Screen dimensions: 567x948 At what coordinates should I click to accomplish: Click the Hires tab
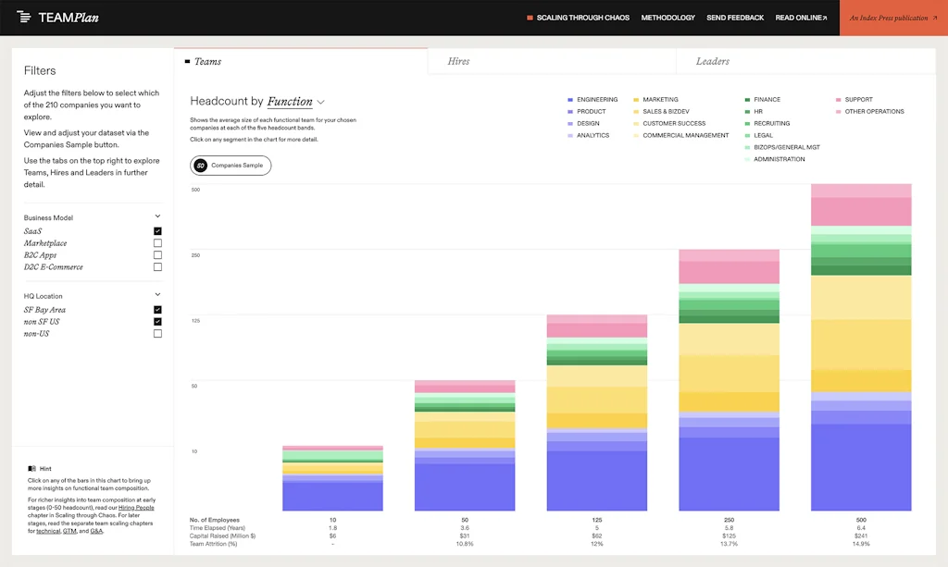click(x=458, y=61)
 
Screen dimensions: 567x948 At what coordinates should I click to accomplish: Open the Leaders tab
click(x=713, y=61)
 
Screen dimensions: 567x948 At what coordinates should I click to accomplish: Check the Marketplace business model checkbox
click(x=157, y=243)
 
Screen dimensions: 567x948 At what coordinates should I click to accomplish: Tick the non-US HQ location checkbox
click(x=157, y=334)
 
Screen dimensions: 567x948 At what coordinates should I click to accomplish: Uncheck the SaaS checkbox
click(x=157, y=231)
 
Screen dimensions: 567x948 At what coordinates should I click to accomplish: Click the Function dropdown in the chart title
click(x=295, y=102)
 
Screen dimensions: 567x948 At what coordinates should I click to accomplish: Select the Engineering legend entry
click(x=596, y=100)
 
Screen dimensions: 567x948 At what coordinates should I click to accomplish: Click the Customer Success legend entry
click(x=673, y=124)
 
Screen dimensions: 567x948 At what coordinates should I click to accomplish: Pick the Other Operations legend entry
click(x=874, y=112)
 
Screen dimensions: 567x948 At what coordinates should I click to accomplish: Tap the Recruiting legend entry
click(x=771, y=124)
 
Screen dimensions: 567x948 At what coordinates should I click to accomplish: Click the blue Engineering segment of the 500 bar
click(x=861, y=467)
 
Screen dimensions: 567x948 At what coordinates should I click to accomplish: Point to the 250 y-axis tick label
click(x=195, y=255)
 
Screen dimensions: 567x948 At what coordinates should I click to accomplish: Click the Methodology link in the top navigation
click(x=667, y=18)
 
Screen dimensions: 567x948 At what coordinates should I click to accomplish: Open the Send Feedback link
click(x=735, y=18)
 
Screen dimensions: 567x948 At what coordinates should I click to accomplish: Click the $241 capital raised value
click(x=861, y=536)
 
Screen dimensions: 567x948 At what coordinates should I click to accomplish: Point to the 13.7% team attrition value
click(x=729, y=544)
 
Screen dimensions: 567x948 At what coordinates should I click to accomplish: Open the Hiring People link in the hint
click(x=135, y=508)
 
